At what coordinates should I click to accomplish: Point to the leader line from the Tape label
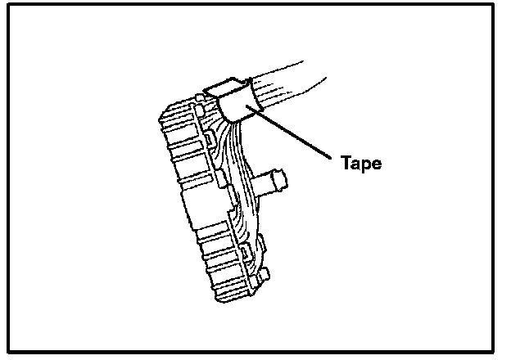(x=295, y=132)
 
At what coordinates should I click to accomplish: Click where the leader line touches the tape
(x=255, y=110)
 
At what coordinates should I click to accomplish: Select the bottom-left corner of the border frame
(x=8, y=352)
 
